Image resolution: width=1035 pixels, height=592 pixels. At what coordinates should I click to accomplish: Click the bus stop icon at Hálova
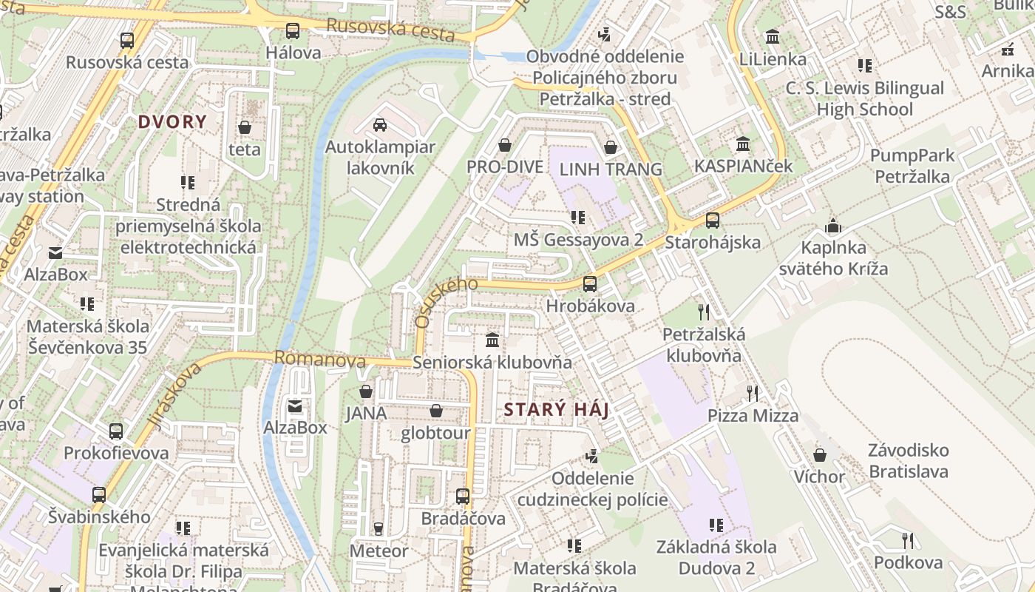coord(293,31)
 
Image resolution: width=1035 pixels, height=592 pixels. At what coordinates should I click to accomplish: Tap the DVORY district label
coord(172,122)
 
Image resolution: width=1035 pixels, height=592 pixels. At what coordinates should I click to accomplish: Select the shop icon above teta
coord(245,128)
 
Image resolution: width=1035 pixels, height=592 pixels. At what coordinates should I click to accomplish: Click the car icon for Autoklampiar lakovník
coord(380,125)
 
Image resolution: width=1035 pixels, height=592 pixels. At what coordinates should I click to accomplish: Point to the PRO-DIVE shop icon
coord(505,145)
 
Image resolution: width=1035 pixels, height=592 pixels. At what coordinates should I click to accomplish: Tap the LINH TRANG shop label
coord(611,169)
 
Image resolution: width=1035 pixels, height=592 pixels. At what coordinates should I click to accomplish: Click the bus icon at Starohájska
coord(713,221)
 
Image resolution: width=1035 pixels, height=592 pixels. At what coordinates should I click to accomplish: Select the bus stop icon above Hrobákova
coord(590,284)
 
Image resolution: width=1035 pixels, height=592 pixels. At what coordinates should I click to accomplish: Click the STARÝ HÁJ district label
coord(556,409)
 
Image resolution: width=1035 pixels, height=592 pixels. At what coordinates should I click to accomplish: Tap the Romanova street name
coord(320,360)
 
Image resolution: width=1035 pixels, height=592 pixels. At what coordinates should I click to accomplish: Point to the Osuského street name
coord(446,302)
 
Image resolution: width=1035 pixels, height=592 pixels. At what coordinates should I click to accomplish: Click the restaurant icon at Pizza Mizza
coord(753,394)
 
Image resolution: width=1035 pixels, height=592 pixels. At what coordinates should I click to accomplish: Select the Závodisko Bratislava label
coord(909,460)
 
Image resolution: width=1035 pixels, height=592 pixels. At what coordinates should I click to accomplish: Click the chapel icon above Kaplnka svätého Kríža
coord(833,226)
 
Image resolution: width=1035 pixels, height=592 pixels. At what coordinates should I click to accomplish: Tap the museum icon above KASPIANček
coord(743,144)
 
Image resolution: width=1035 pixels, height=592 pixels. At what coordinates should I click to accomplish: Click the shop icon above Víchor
coord(819,455)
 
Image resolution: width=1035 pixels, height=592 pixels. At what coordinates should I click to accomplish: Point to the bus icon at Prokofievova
coord(116,431)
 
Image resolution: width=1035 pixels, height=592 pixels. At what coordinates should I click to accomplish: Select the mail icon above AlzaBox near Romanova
coord(295,406)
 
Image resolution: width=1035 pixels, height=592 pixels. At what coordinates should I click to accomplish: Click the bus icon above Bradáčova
coord(463,497)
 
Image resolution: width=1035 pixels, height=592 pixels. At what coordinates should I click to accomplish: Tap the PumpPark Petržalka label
coord(912,166)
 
